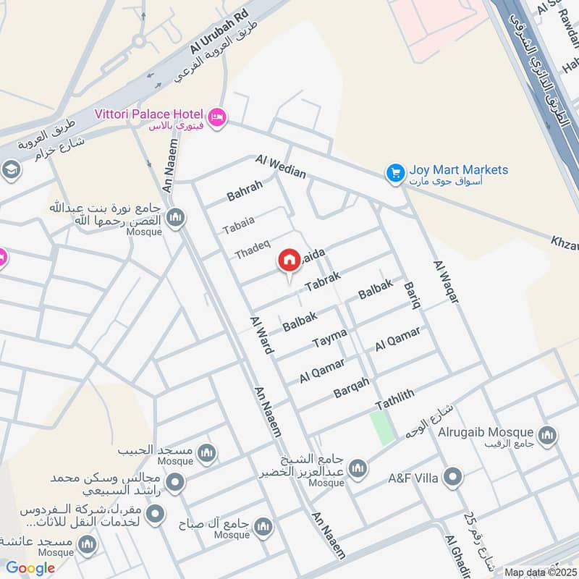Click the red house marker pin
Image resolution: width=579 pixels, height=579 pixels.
[289, 261]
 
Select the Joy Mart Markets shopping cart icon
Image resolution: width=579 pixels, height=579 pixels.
[394, 172]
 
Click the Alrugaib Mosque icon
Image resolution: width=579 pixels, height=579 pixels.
[547, 435]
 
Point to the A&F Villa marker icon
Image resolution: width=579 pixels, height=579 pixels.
[453, 476]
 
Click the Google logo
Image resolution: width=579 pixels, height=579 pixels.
[30, 569]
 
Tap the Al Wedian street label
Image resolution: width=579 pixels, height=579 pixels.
[280, 166]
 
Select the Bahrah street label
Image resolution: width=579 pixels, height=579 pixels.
[245, 190]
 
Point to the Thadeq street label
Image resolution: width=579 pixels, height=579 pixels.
[252, 250]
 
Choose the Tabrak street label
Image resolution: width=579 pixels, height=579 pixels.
[322, 282]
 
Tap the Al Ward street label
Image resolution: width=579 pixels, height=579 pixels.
[261, 334]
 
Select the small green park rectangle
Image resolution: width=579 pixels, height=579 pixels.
[383, 427]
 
